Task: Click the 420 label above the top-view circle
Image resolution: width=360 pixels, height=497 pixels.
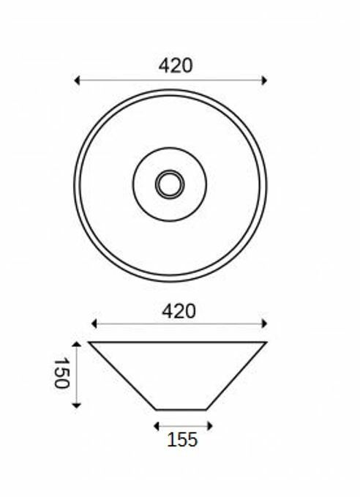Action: coord(176,66)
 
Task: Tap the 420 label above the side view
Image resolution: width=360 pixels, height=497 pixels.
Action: coord(179,311)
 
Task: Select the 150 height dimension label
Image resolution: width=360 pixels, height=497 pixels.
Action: coord(61,373)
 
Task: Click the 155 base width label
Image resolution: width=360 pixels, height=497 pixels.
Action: coord(182,440)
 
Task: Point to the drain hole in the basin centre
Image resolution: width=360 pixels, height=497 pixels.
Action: coord(170,184)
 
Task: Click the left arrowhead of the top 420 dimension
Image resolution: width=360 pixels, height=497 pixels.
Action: coord(76,81)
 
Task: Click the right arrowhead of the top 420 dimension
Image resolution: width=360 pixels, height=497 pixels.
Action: coord(264,81)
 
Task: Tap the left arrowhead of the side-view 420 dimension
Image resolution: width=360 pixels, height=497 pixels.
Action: coord(94,324)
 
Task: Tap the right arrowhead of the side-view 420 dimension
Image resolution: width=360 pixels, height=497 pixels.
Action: coord(264,324)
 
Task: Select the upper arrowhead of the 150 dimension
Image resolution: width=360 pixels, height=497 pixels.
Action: coord(76,344)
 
